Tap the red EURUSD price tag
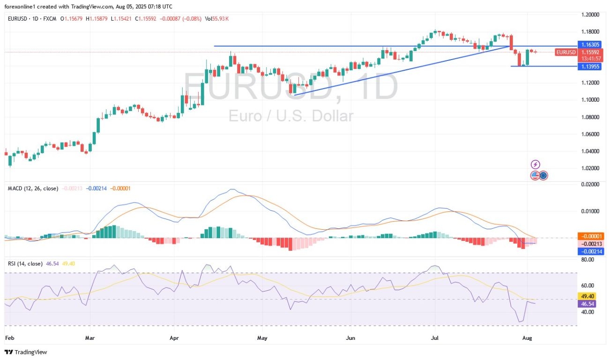click(566, 52)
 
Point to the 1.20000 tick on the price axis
click(590, 15)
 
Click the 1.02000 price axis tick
click(590, 168)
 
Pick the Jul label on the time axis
click(435, 337)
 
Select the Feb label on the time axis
click(9, 337)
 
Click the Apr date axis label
click(175, 337)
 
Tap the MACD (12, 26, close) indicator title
click(33, 188)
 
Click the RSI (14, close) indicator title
click(25, 263)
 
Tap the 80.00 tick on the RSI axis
click(588, 259)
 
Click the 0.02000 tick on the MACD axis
click(590, 185)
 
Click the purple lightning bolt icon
click(536, 165)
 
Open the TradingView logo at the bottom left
click(26, 352)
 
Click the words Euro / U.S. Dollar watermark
click(290, 115)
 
